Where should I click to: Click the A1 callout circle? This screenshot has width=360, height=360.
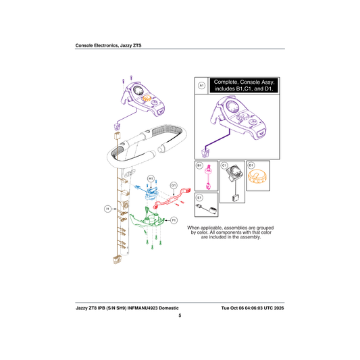(x=201, y=86)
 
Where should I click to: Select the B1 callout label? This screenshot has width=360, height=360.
(x=199, y=165)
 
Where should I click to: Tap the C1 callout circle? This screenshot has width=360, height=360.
(x=224, y=165)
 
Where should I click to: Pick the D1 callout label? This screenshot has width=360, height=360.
(x=251, y=165)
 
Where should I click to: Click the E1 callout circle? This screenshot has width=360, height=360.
(x=199, y=197)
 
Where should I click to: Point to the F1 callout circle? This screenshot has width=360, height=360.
(x=174, y=220)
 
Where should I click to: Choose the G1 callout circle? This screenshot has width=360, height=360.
(x=174, y=185)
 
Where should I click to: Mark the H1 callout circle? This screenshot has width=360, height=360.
(x=151, y=178)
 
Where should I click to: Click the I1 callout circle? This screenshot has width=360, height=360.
(x=107, y=209)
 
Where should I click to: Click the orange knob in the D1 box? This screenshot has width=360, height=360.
(x=257, y=176)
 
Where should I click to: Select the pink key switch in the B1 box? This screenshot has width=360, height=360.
(x=208, y=177)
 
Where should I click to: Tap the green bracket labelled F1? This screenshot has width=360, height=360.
(x=147, y=218)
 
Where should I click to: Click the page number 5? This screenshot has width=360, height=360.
(x=180, y=315)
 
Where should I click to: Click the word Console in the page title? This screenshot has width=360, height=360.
(x=84, y=45)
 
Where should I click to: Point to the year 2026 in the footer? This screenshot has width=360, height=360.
(x=279, y=308)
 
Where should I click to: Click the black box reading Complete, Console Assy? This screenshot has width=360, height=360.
(x=244, y=85)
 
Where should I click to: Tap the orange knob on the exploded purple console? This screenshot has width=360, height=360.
(x=147, y=98)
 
